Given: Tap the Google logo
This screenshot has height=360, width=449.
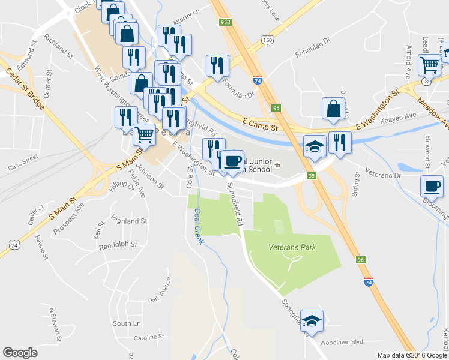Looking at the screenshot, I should coord(20,353).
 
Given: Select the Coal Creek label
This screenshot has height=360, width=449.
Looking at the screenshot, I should coord(197,226).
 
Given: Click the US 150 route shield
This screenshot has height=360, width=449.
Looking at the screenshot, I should coord(267,39).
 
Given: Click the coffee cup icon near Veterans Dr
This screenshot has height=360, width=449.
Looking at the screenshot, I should coord(431,186).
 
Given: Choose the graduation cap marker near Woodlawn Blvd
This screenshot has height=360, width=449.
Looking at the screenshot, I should coord(312,320).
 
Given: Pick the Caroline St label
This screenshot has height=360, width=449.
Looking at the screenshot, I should coord(149,337).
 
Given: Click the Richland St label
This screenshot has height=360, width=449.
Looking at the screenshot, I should coord(58,49).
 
